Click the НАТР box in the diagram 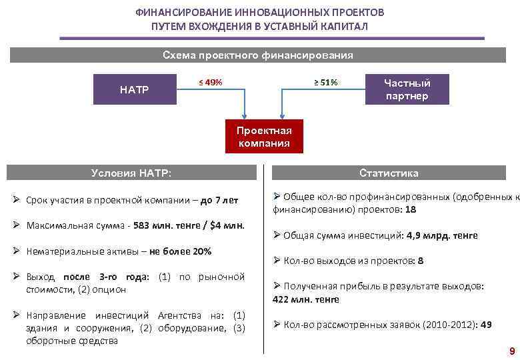coord(134,89)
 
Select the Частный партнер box coord(407,89)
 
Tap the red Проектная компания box coord(264,137)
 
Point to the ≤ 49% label coord(211,83)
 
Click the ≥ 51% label coord(326,83)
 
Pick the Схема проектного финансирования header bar coord(258,55)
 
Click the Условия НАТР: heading coord(131,173)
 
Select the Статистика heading coord(389,173)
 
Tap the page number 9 coord(511,351)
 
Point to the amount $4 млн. coord(227,225)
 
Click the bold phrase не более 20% coord(180,251)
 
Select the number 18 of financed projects coord(411,209)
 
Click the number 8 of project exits coord(421,261)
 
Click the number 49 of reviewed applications coord(486,325)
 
